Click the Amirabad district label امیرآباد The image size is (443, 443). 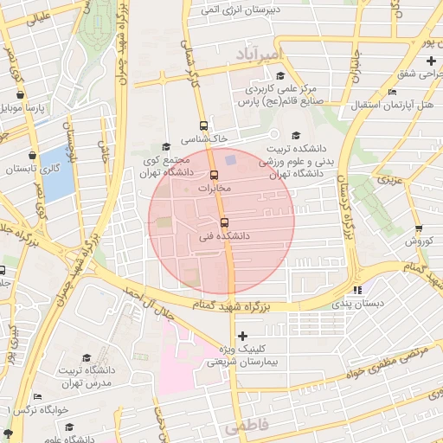click(x=258, y=55)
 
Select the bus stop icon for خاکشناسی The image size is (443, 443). click(x=203, y=125)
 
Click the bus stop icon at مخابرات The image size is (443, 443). click(x=214, y=174)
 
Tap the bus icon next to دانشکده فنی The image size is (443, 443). click(x=224, y=221)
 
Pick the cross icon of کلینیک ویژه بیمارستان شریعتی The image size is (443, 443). click(x=241, y=336)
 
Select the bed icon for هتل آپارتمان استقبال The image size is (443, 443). click(x=392, y=92)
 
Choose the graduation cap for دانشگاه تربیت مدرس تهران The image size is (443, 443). click(x=87, y=358)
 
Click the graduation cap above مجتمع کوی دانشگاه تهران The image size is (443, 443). click(x=166, y=147)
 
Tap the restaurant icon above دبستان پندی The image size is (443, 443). click(x=357, y=290)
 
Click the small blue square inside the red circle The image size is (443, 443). click(x=230, y=159)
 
